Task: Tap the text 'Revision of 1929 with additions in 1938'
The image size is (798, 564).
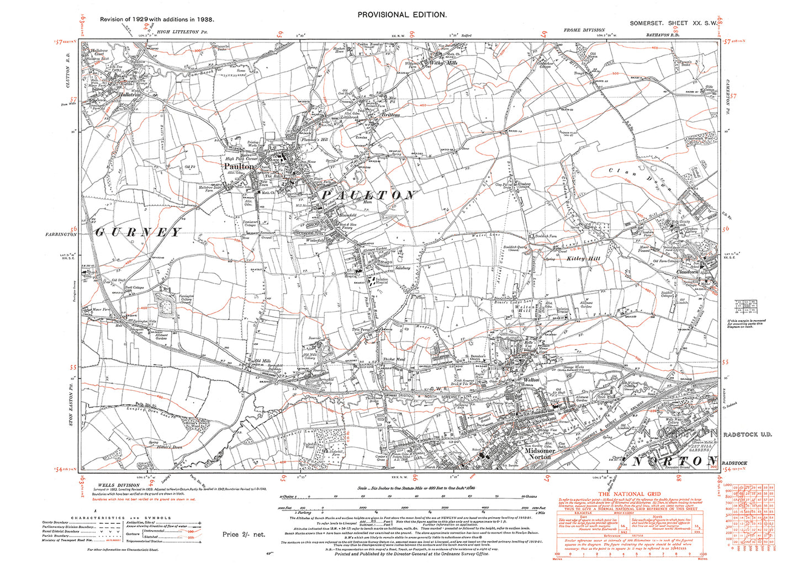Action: (157, 19)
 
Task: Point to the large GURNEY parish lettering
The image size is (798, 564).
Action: (138, 232)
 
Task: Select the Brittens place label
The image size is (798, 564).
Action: (390, 115)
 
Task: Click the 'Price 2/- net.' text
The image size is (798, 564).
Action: (244, 534)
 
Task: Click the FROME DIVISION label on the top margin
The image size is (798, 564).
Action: (584, 30)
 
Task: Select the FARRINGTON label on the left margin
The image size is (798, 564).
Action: (61, 235)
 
